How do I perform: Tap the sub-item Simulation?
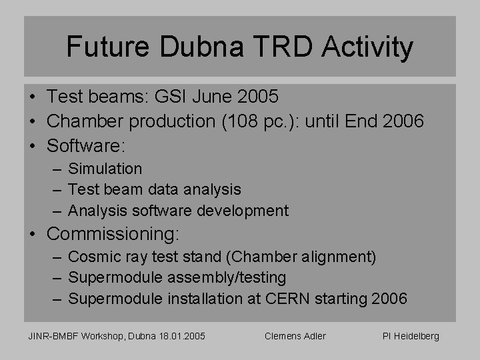(x=105, y=169)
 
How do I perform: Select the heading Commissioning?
(x=113, y=235)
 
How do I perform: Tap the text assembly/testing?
(x=229, y=277)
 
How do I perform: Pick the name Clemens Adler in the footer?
(x=295, y=336)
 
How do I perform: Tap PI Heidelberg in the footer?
(x=411, y=336)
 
